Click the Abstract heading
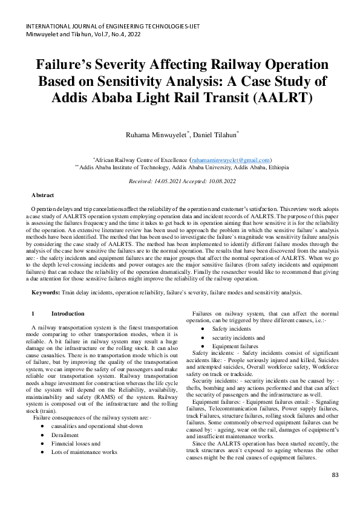coord(42,195)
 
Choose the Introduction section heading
coord(68,314)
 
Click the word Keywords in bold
coord(45,293)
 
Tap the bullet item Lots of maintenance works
coord(85,452)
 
